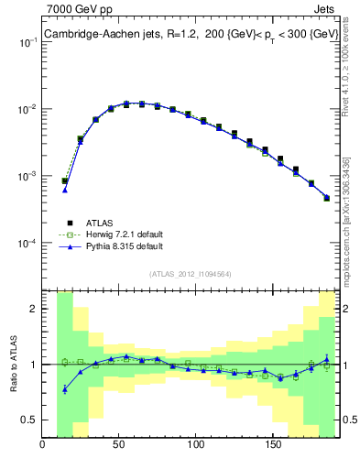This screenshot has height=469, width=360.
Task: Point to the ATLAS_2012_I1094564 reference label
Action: [x=191, y=273]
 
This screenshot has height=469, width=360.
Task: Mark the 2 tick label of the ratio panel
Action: [x=34, y=309]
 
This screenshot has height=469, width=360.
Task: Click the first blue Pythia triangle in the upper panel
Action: [x=65, y=190]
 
